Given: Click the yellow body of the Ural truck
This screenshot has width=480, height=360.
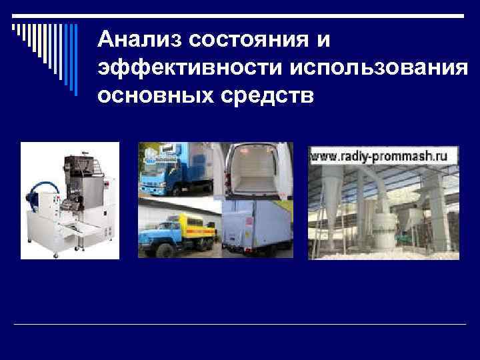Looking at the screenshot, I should (x=193, y=227).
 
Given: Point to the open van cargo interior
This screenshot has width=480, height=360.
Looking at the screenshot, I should (x=257, y=175).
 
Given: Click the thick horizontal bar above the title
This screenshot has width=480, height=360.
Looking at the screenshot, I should (x=280, y=15).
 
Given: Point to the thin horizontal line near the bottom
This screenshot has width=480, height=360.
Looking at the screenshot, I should (x=240, y=325).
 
